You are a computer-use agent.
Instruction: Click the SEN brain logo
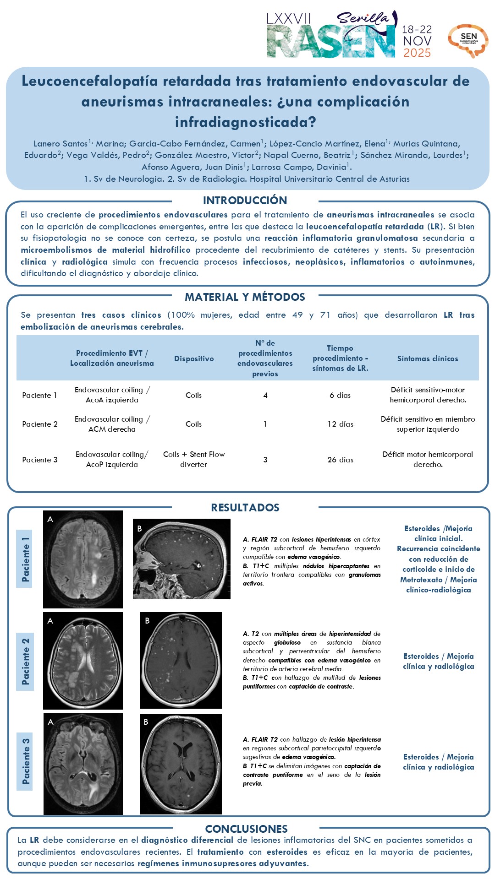468,40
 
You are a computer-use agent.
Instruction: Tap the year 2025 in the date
417,53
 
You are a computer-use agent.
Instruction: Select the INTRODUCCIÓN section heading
245,201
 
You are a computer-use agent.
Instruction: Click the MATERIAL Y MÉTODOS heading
245,297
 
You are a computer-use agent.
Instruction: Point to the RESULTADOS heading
245,508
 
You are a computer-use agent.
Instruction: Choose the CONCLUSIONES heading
246,829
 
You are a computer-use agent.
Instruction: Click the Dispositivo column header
194,359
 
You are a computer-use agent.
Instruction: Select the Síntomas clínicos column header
428,359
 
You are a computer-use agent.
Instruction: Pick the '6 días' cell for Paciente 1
340,396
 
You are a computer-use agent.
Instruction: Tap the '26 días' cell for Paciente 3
340,460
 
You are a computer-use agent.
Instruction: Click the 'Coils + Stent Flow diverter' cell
194,460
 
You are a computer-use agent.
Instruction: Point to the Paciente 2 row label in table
40,424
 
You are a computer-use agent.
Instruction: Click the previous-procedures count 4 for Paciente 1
265,396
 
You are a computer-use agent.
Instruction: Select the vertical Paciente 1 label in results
25,559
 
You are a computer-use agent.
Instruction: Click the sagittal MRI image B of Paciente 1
181,559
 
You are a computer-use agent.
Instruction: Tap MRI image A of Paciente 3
83,764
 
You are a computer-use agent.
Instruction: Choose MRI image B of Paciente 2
181,660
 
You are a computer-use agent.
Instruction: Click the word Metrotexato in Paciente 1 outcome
421,580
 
